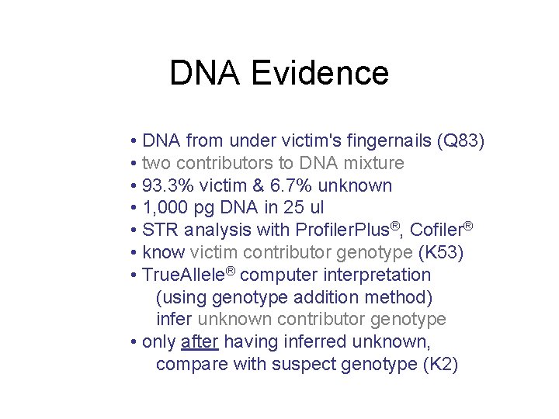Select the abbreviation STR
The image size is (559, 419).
(161, 230)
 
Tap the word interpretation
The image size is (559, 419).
(375, 275)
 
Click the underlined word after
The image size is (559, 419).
(200, 342)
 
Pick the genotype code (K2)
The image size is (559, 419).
(440, 365)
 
